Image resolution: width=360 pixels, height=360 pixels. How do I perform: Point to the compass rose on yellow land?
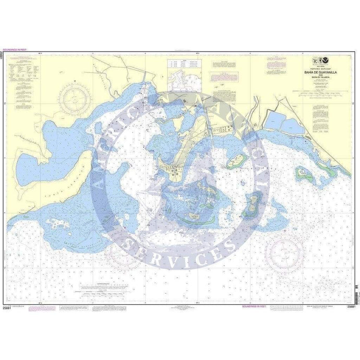coord(75,98)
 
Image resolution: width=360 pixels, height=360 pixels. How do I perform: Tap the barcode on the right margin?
coord(356,295)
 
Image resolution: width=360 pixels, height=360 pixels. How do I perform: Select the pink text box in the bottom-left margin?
coord(41,308)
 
